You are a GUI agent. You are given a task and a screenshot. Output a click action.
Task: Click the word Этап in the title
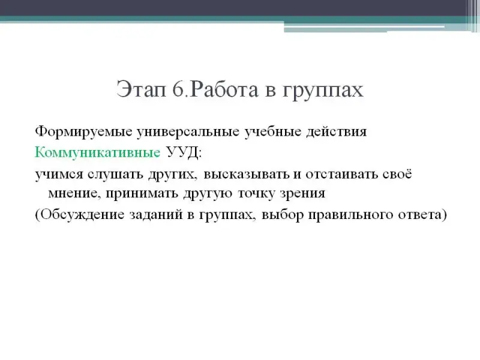(141, 89)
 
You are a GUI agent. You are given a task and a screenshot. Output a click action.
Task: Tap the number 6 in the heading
(178, 89)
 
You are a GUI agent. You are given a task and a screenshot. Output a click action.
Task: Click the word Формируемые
(83, 132)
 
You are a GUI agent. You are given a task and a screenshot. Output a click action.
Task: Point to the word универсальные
(188, 132)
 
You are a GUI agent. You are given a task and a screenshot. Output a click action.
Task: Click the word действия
(337, 132)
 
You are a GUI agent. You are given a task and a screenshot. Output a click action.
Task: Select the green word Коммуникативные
(97, 152)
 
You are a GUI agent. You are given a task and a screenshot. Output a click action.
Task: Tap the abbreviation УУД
(182, 152)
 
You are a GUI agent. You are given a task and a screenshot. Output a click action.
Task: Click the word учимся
(59, 174)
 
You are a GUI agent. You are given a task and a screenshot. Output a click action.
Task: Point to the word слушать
(116, 174)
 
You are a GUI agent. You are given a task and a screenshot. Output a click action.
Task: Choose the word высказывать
(247, 174)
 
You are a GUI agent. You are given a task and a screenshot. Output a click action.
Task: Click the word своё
(397, 173)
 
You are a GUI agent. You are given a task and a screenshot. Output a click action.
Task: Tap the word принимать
(142, 193)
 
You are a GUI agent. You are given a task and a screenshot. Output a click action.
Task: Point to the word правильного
(350, 215)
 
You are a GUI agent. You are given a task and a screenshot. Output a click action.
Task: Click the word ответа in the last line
(421, 215)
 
